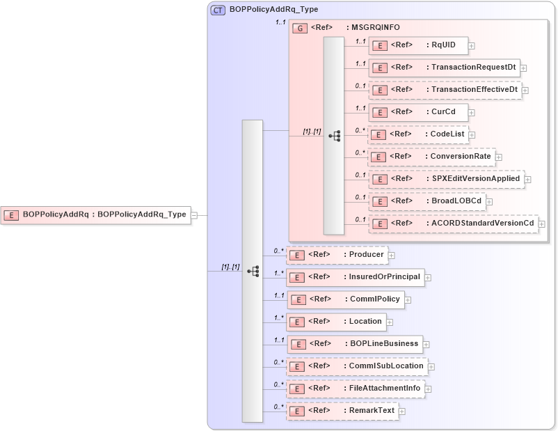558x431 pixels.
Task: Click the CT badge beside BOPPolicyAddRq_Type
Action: click(x=218, y=10)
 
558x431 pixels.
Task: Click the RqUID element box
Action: click(x=417, y=45)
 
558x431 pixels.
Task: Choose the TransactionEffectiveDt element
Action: click(x=445, y=90)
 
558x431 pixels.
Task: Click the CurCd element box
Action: click(x=417, y=112)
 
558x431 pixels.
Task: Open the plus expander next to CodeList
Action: click(x=472, y=134)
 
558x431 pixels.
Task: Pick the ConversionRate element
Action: click(x=431, y=157)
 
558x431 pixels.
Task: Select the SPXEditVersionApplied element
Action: click(x=445, y=179)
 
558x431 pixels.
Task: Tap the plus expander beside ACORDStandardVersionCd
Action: click(x=542, y=224)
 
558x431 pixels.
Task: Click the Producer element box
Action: click(x=337, y=255)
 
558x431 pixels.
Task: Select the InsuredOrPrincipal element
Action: click(x=356, y=277)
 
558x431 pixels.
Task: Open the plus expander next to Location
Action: click(x=390, y=322)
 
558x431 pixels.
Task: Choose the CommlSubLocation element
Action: click(x=358, y=366)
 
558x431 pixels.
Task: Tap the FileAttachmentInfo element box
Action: click(x=356, y=389)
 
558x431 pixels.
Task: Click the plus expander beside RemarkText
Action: click(x=402, y=412)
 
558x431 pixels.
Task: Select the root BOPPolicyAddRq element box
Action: click(x=96, y=215)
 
